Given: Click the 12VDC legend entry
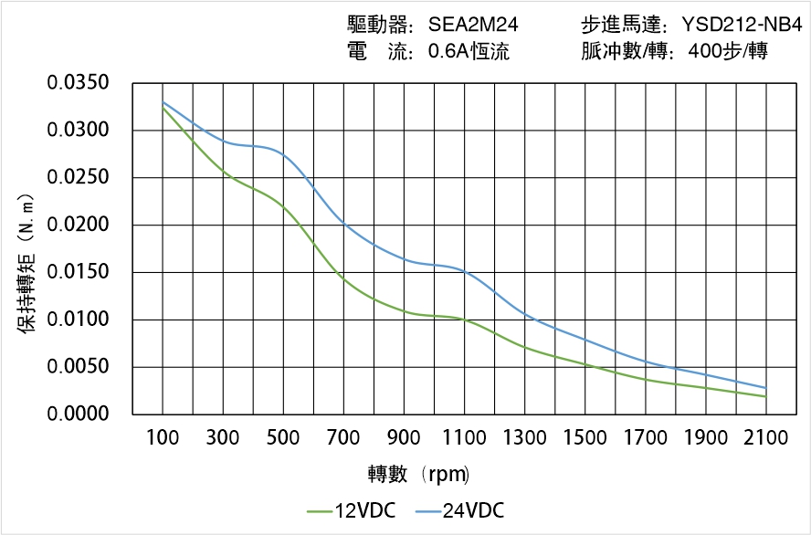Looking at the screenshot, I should tap(351, 510).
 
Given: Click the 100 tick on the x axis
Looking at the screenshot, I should tap(163, 438).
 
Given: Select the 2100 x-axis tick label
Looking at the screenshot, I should tap(765, 438).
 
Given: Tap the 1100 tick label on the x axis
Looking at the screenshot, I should tap(465, 438).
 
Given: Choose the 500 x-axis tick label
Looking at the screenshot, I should tap(284, 438).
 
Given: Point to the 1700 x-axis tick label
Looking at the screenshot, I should tap(645, 438).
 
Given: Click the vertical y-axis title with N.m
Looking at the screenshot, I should tap(27, 264).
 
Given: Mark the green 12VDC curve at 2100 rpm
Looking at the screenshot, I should tap(765, 396).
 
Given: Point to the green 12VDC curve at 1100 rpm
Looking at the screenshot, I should tap(465, 320).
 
